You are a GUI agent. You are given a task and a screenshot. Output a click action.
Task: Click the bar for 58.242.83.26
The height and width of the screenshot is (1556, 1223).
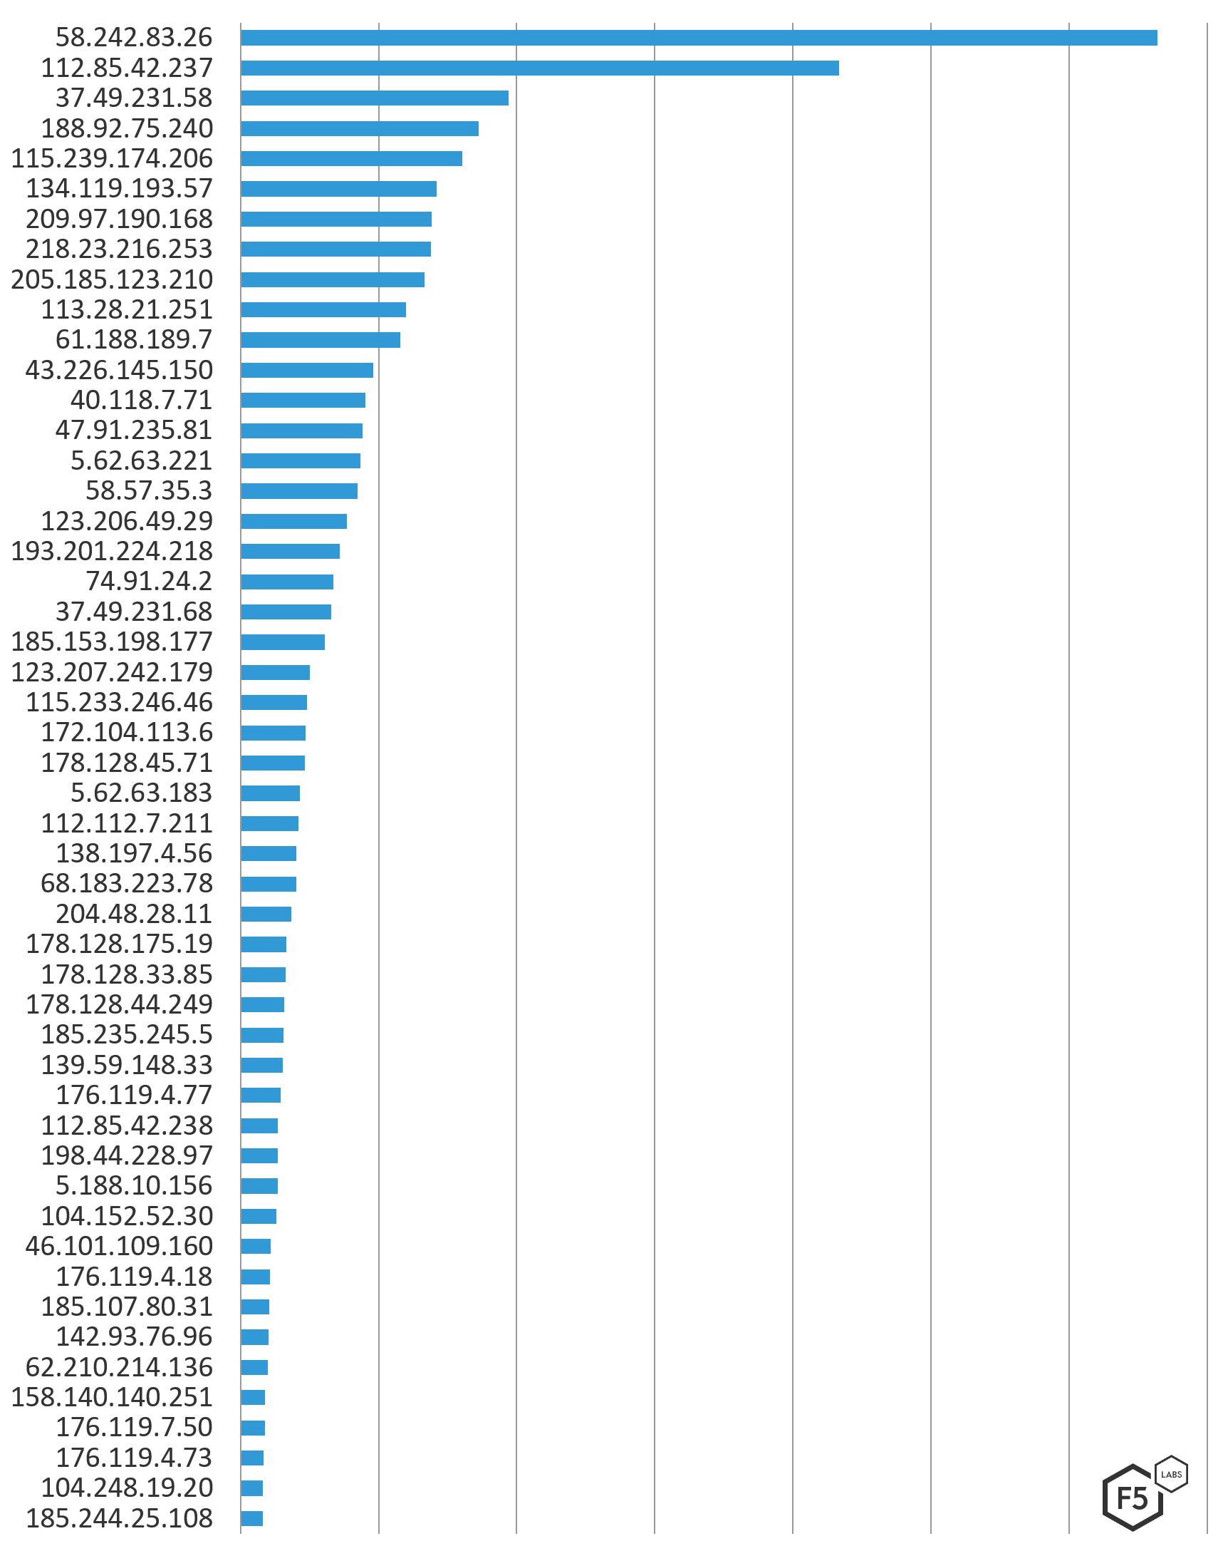pos(698,38)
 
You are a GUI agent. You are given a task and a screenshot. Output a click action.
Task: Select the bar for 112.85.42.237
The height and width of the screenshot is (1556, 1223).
pos(539,68)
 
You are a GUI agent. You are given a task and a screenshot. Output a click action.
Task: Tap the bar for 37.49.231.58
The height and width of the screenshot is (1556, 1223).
pos(375,98)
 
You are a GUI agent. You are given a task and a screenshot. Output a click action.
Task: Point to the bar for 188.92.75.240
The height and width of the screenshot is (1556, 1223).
pos(360,129)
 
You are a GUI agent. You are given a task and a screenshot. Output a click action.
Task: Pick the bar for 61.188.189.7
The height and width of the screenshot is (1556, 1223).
pos(320,339)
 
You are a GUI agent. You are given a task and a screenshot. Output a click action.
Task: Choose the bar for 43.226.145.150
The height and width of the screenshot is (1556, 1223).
pos(306,371)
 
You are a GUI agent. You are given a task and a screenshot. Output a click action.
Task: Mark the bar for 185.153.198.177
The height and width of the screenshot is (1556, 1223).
pos(282,642)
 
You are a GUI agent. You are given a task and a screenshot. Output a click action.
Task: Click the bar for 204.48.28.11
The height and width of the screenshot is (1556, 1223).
pos(266,914)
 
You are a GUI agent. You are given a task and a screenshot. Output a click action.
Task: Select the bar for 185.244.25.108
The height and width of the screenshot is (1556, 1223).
pos(251,1518)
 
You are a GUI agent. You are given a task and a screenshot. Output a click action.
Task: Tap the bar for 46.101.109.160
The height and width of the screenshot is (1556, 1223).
pos(256,1247)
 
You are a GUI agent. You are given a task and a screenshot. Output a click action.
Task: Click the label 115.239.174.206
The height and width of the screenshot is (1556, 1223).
pos(112,158)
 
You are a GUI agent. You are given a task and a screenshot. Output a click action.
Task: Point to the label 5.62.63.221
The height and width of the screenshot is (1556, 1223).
pos(141,460)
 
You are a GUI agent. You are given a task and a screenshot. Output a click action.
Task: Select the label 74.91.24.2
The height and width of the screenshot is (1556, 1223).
pos(149,581)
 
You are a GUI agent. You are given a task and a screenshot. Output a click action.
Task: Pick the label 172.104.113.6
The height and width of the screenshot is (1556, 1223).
pos(127,732)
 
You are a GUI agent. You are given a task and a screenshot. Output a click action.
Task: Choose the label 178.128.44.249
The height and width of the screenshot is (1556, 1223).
pos(119,1004)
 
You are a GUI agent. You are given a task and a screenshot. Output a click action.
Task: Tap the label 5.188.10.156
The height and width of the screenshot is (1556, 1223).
pos(134,1185)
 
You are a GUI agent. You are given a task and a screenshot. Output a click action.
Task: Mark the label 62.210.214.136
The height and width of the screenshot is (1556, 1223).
pos(119,1367)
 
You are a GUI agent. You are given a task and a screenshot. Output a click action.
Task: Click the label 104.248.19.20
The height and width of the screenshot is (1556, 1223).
pos(127,1488)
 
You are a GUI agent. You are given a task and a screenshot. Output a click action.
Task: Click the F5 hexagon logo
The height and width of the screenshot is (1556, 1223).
pos(1132,1498)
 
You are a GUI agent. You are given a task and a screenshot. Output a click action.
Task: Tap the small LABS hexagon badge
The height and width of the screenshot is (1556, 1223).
pos(1172,1473)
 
